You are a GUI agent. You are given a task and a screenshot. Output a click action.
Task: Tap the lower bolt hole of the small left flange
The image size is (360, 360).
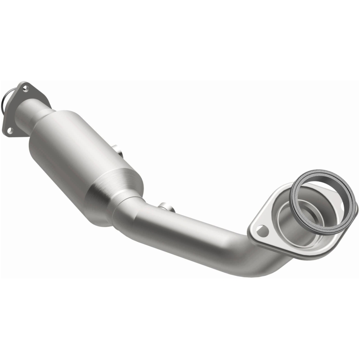point(9,130)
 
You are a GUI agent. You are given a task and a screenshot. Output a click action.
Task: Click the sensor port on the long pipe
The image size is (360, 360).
point(166,207)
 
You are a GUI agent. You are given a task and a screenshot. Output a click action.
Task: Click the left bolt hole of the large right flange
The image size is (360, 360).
point(262,231)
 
